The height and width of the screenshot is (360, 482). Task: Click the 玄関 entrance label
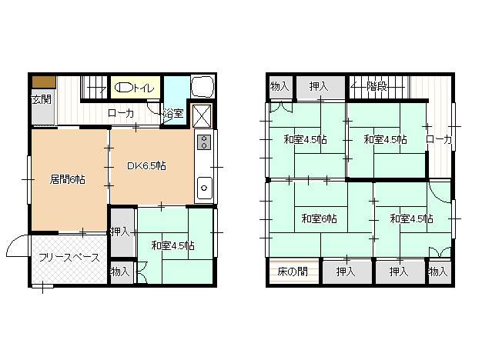(x=42, y=99)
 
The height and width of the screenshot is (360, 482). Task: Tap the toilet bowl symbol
(x=123, y=88)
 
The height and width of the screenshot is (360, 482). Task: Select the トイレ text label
(x=143, y=88)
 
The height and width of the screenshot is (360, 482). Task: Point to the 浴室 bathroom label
(x=173, y=114)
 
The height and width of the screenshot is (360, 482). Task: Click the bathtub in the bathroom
(x=203, y=87)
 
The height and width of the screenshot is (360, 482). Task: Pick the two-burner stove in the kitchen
(x=204, y=142)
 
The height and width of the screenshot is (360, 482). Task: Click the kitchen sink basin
(x=204, y=188)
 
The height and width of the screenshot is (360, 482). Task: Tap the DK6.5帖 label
(x=146, y=166)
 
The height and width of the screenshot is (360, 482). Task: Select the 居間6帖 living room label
(x=68, y=179)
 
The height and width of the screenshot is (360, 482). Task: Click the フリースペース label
(x=69, y=258)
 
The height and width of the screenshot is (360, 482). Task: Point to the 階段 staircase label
(x=377, y=87)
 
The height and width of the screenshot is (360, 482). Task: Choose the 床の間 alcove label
(x=293, y=272)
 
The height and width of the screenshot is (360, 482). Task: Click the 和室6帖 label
(x=319, y=218)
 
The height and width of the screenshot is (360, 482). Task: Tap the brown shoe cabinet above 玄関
(x=44, y=82)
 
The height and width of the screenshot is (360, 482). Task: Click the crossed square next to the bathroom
(x=203, y=116)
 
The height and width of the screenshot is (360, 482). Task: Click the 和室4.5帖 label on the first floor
(x=172, y=245)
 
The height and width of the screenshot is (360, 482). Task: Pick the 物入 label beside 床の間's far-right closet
(x=438, y=272)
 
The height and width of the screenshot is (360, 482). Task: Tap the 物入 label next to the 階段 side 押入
(x=279, y=87)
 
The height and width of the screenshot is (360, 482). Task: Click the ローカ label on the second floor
(x=439, y=140)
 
